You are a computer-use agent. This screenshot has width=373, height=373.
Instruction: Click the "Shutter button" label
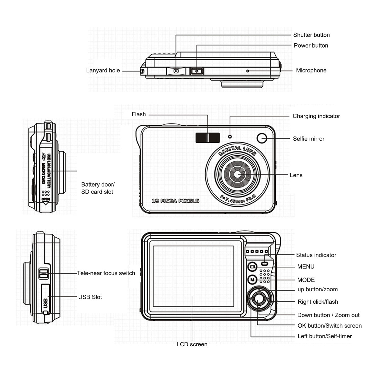311,35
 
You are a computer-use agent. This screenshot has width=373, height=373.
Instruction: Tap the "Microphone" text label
311,71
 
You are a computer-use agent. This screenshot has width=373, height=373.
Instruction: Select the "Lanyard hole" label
103,71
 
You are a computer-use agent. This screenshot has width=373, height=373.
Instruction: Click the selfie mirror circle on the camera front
262,138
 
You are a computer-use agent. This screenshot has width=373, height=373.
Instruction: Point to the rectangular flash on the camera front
208,137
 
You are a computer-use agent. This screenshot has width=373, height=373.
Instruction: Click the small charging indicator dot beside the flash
230,136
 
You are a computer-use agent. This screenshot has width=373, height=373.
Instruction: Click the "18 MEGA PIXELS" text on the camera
175,201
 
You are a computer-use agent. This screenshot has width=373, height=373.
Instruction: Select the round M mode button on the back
252,280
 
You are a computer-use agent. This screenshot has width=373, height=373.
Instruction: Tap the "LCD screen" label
192,344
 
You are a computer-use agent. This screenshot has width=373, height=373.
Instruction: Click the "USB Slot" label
90,297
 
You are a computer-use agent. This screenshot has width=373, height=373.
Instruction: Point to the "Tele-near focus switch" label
106,273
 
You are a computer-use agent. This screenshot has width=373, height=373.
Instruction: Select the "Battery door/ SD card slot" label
98,188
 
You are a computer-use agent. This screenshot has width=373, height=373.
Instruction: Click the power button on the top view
196,71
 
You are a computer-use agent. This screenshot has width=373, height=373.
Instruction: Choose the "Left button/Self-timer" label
325,336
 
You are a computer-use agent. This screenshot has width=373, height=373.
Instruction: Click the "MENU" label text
306,267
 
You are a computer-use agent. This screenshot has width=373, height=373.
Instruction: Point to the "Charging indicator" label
316,116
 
